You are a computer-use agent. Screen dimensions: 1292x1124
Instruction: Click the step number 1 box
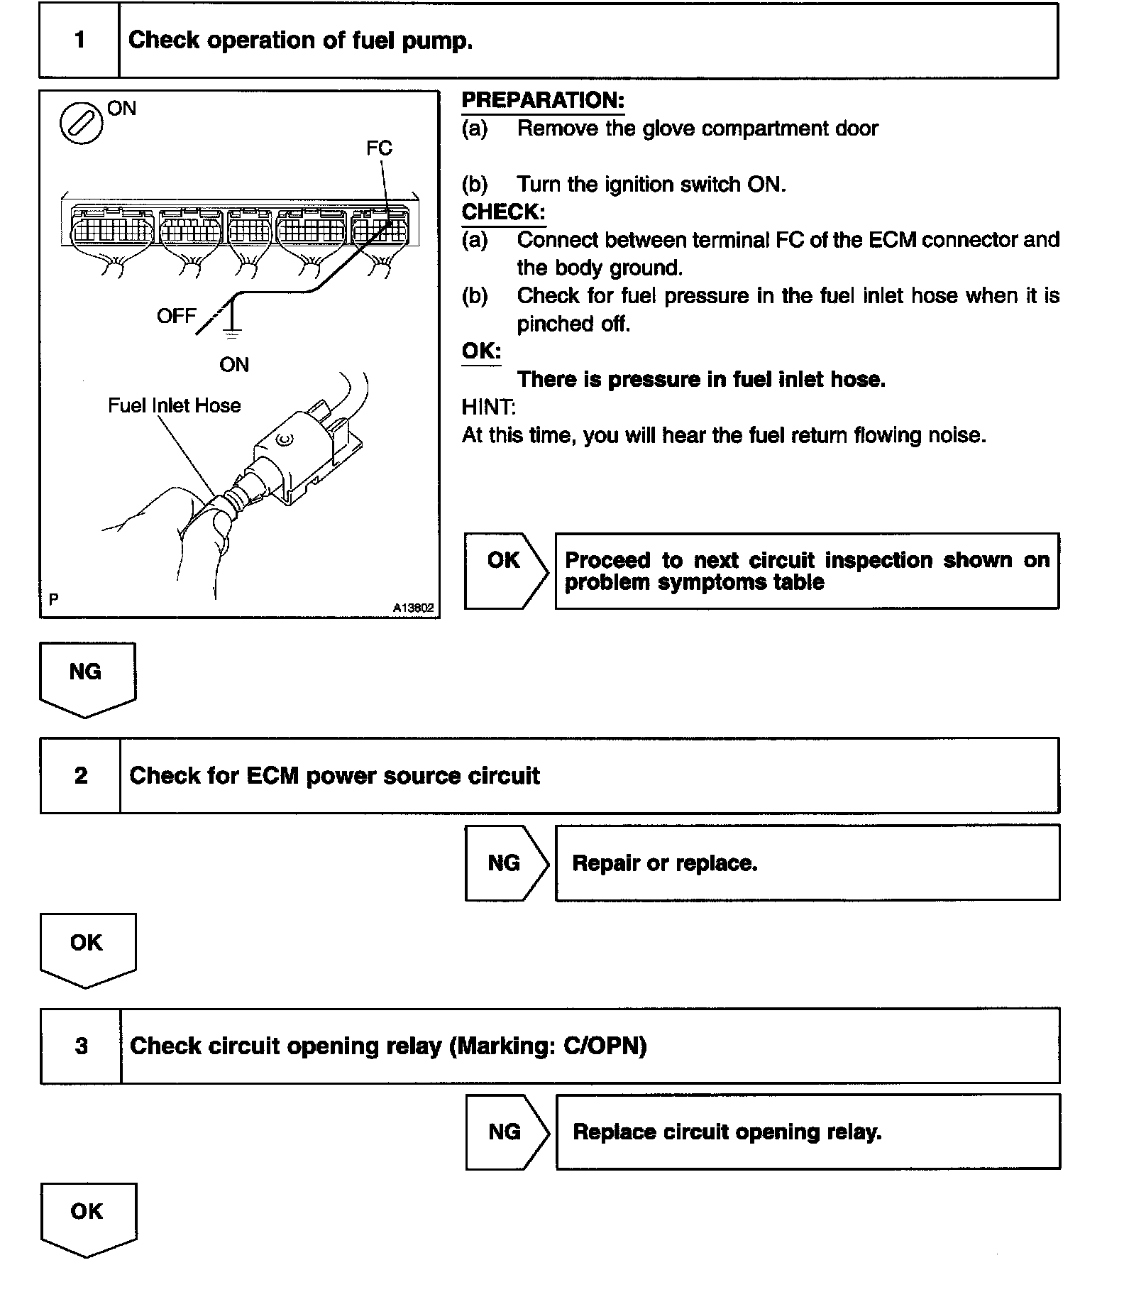pyautogui.click(x=79, y=40)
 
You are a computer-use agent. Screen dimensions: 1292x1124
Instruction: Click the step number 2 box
pyautogui.click(x=80, y=775)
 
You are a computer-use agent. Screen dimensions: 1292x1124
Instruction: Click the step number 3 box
pyautogui.click(x=81, y=1046)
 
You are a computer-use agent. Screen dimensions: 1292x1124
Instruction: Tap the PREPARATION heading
pyautogui.click(x=543, y=101)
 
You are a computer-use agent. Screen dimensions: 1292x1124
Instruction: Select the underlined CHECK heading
pyautogui.click(x=503, y=212)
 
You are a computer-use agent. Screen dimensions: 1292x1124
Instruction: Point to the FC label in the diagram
pyautogui.click(x=379, y=148)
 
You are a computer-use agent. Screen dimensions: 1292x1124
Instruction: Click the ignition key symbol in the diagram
pyautogui.click(x=81, y=124)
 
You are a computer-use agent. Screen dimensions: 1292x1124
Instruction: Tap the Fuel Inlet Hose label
pyautogui.click(x=174, y=405)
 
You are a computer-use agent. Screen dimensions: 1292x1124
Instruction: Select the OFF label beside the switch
pyautogui.click(x=176, y=317)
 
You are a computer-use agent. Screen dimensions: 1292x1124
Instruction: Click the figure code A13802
pyautogui.click(x=414, y=608)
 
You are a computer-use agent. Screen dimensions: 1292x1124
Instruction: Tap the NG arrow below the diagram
pyautogui.click(x=87, y=677)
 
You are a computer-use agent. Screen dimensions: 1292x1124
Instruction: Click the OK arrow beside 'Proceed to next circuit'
pyautogui.click(x=505, y=570)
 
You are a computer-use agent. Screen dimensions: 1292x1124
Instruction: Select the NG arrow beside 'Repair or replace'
pyautogui.click(x=505, y=863)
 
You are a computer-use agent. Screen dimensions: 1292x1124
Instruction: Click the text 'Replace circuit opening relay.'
pyautogui.click(x=727, y=1132)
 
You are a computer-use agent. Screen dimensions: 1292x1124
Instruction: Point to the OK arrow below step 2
pyautogui.click(x=87, y=948)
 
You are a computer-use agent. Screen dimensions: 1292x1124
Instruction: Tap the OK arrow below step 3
pyautogui.click(x=88, y=1218)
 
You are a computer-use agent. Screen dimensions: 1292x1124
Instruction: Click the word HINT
pyautogui.click(x=488, y=407)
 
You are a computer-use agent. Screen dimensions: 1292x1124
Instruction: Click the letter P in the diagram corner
pyautogui.click(x=54, y=600)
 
